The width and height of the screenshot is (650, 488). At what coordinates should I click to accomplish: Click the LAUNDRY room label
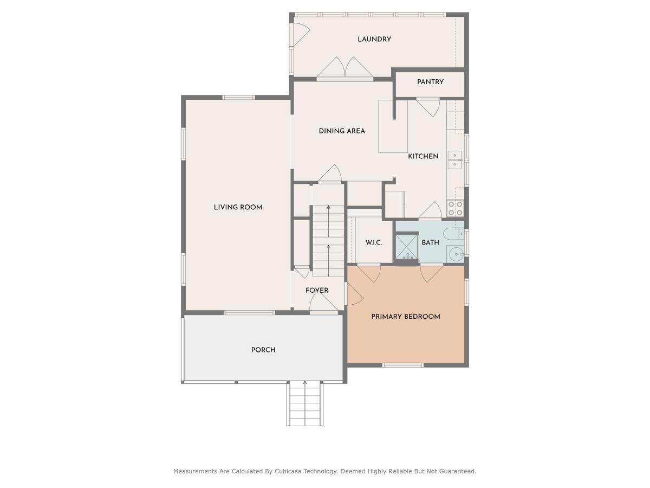coord(374,39)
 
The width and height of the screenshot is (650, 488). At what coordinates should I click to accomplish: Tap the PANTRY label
coord(430,82)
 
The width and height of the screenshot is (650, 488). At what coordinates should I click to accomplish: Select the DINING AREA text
coord(342,131)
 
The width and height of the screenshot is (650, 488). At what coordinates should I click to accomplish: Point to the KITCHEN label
coord(423,156)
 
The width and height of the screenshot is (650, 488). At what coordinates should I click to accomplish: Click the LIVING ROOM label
coord(238,207)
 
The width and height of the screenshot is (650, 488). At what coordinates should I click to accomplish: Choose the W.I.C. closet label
coord(374,242)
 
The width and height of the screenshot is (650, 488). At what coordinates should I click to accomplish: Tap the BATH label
coord(431,242)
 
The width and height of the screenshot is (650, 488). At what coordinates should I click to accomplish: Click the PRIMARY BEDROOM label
coord(406,317)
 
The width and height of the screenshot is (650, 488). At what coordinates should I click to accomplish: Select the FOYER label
coord(317,291)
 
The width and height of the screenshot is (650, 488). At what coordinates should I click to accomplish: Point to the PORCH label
coord(263,350)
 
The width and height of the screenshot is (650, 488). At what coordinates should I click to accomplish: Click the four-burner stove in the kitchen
coord(455,208)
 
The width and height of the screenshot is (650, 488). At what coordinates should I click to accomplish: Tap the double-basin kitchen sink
coord(454,160)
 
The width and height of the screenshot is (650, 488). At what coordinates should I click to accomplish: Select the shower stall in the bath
coord(406,247)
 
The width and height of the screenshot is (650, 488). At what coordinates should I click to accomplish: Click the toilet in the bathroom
coord(452,234)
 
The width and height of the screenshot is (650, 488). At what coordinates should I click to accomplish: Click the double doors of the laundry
coord(345,69)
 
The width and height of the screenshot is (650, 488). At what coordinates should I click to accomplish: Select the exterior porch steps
coord(304,403)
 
